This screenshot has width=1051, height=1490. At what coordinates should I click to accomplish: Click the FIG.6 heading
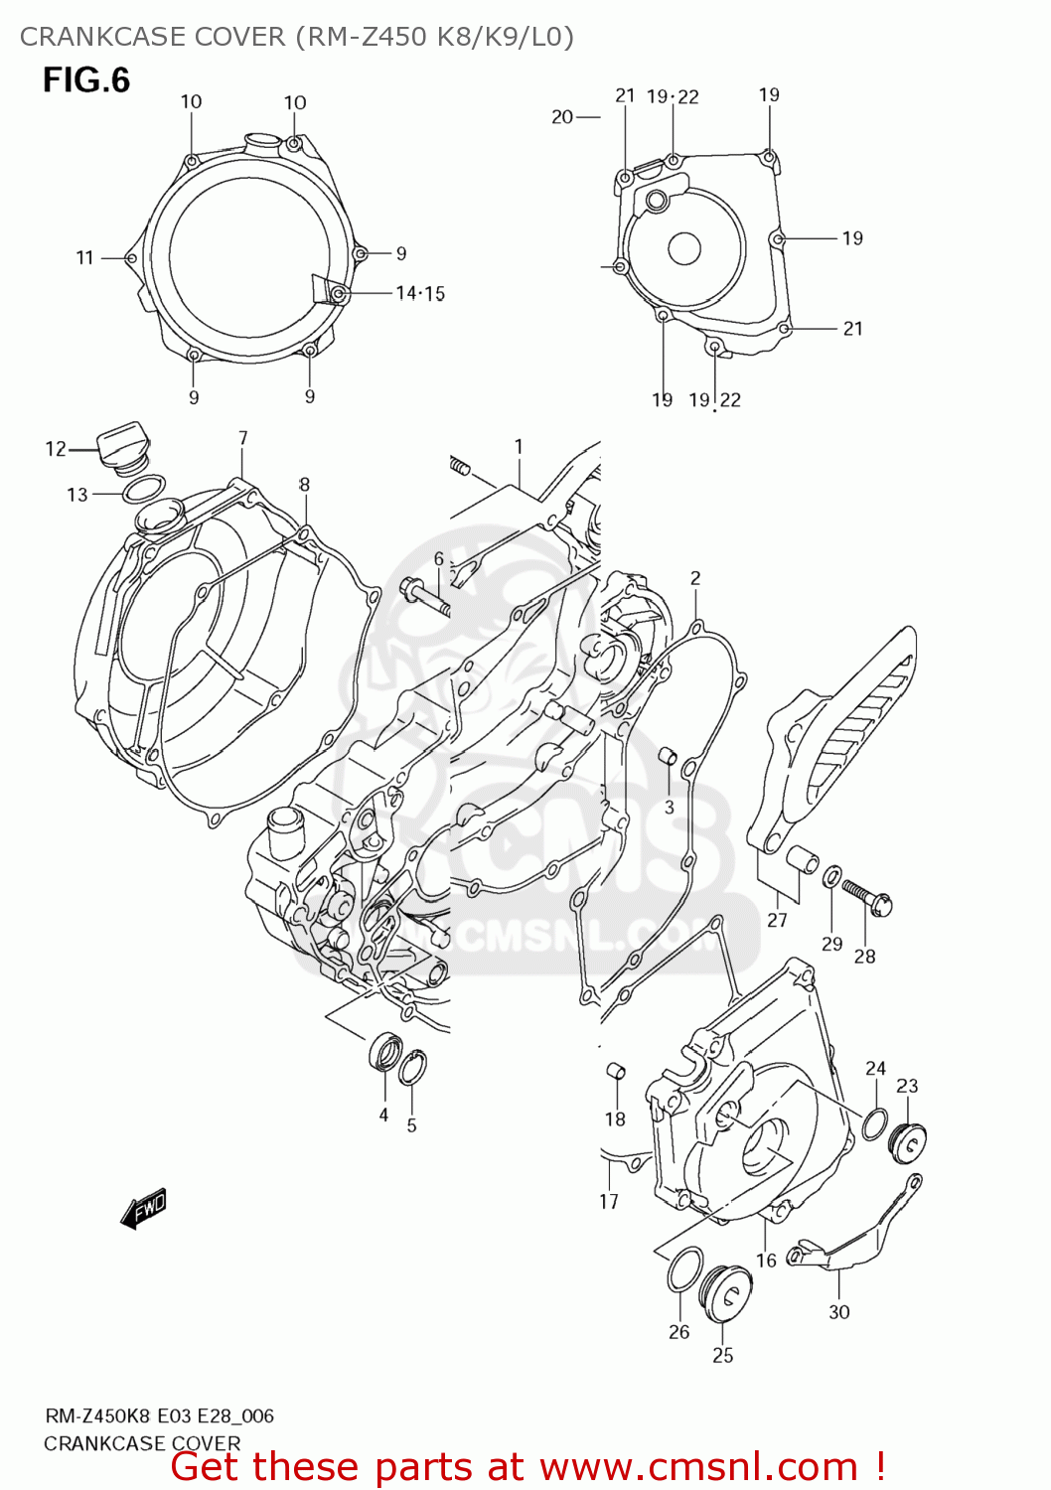[85, 79]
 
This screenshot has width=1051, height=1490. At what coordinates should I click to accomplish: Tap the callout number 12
[56, 449]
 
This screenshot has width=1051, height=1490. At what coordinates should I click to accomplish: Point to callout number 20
[562, 117]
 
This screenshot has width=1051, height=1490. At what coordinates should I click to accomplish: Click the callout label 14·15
[420, 293]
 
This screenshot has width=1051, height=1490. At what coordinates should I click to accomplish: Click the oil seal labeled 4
[385, 1053]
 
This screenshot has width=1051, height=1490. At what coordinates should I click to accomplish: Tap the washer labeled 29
[830, 875]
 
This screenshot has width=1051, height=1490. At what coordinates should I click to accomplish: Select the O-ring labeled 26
[684, 1269]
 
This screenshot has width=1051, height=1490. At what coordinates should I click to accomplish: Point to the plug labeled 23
[909, 1143]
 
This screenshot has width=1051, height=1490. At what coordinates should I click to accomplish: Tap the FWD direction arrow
[144, 1209]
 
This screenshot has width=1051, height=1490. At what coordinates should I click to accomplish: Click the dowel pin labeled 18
[615, 1071]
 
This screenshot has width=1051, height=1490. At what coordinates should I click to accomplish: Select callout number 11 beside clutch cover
[84, 257]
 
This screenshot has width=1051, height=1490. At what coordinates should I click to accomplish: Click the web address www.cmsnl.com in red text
[698, 1466]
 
